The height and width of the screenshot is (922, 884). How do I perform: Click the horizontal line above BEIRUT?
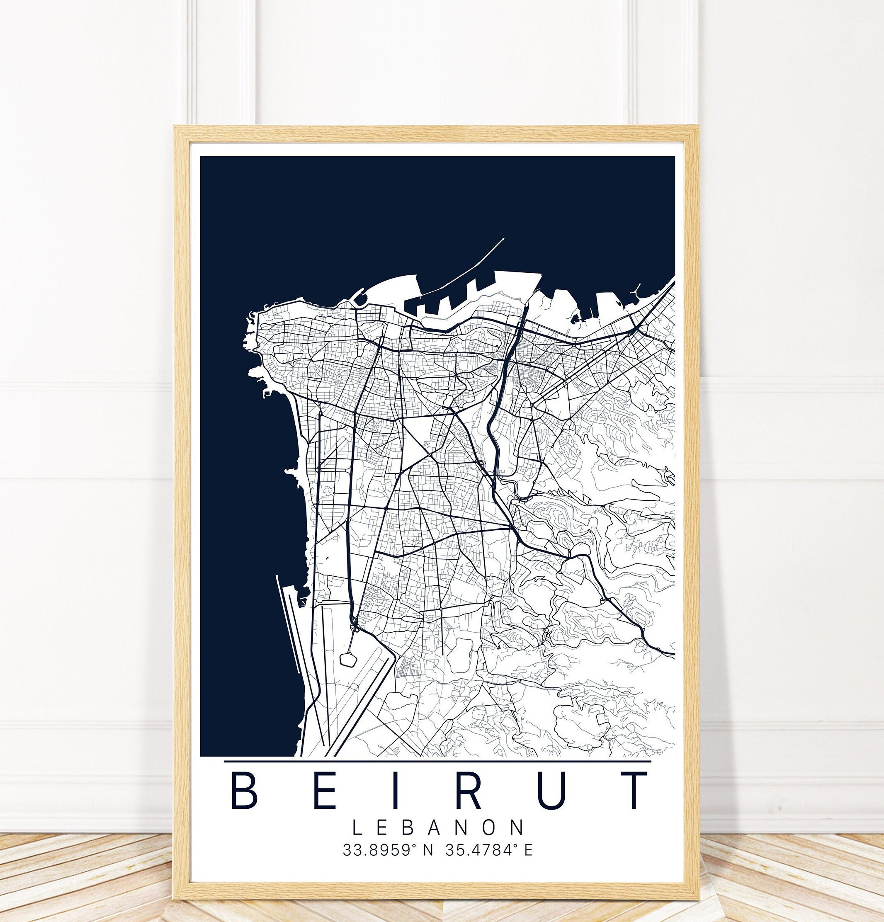[x=437, y=761]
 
